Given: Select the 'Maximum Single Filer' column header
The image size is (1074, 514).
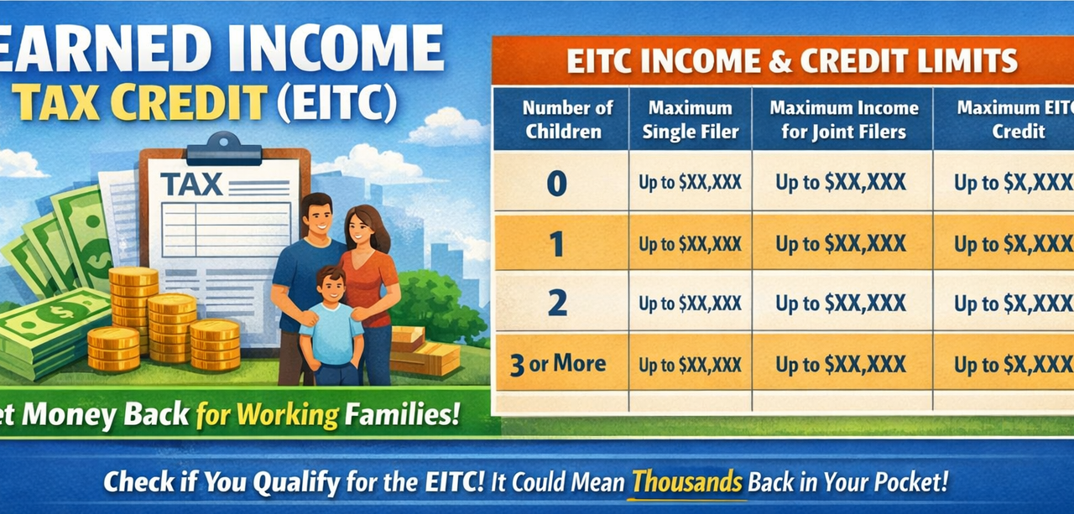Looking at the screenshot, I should click(x=690, y=119).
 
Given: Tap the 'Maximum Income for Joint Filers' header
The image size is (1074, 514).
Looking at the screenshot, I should click(x=843, y=119).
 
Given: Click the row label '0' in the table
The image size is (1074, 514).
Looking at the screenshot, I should click(x=557, y=182).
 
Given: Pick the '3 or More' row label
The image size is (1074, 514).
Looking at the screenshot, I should click(x=557, y=364).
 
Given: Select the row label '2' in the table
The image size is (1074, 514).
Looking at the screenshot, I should click(x=557, y=304).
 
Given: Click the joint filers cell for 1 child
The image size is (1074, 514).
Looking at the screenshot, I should click(x=841, y=244).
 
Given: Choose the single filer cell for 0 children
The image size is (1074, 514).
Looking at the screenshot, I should click(x=690, y=182).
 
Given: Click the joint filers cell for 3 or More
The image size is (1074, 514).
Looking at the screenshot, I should click(x=841, y=365).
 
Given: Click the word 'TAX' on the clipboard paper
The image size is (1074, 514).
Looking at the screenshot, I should click(x=191, y=184).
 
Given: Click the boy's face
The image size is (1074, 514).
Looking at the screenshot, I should click(x=331, y=288).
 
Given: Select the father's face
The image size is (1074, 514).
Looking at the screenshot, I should click(x=316, y=216).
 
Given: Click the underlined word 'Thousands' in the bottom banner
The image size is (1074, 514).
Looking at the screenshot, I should click(x=686, y=482).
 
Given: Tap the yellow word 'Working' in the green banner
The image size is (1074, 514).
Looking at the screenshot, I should click(x=288, y=414).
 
